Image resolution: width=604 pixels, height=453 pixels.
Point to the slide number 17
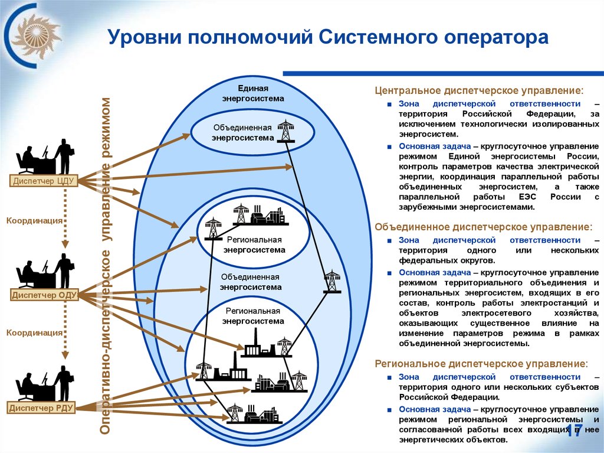[x=574, y=431]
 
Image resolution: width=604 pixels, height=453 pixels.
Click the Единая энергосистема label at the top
[x=253, y=93]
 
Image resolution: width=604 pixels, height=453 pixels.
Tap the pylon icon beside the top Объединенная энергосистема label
[x=286, y=131]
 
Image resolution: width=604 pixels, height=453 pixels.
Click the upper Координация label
[x=35, y=220]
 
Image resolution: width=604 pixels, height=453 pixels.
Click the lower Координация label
[x=35, y=333]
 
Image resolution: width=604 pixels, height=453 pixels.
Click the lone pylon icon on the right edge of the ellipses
[x=332, y=281]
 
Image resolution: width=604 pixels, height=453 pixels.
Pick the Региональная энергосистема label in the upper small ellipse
[x=254, y=245]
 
